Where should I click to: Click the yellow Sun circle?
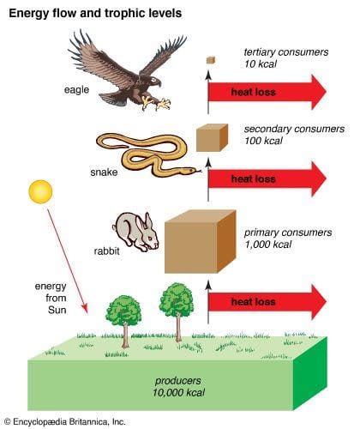click(x=39, y=191)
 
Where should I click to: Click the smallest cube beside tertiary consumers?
click(x=209, y=59)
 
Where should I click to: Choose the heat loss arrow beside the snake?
click(x=266, y=179)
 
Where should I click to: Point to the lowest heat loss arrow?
click(x=266, y=302)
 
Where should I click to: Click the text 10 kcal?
click(x=261, y=64)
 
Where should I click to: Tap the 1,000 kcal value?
click(x=268, y=245)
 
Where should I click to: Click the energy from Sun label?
click(x=50, y=297)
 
